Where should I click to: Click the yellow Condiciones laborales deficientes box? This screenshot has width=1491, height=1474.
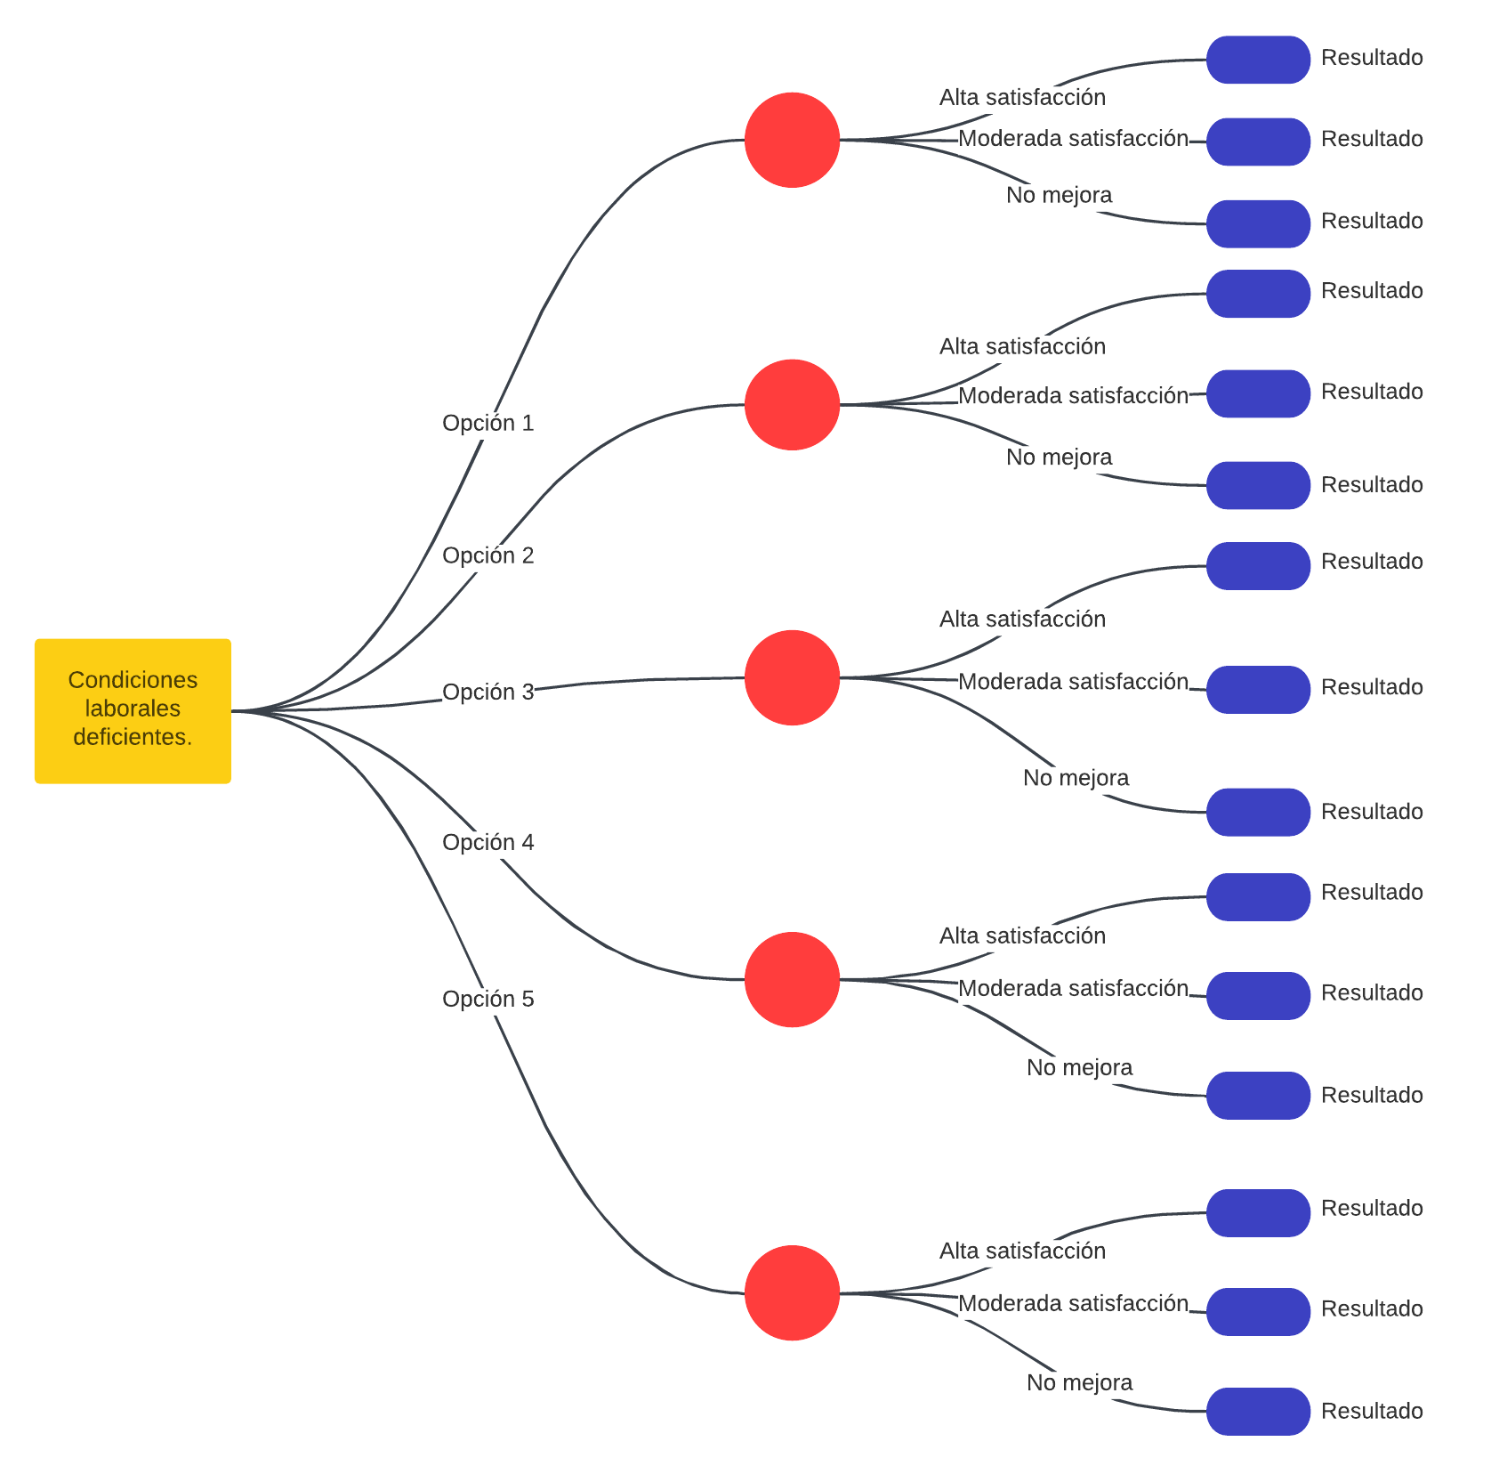pyautogui.click(x=133, y=710)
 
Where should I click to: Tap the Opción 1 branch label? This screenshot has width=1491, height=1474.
pyautogui.click(x=488, y=423)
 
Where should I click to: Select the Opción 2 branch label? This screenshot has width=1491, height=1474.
pyautogui.click(x=488, y=555)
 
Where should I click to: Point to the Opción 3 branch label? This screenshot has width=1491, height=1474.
pyautogui.click(x=488, y=692)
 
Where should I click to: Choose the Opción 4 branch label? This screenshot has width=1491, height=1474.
pyautogui.click(x=488, y=842)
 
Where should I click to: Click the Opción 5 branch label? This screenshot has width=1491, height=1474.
pyautogui.click(x=488, y=999)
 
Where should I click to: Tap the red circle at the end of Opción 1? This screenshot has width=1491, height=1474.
pyautogui.click(x=792, y=140)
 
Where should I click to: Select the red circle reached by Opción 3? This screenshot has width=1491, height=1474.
pyautogui.click(x=792, y=677)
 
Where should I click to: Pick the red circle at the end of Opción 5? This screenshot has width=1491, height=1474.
pyautogui.click(x=792, y=1292)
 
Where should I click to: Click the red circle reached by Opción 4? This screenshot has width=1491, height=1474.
pyautogui.click(x=792, y=979)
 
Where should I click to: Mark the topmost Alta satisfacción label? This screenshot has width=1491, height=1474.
pyautogui.click(x=1022, y=97)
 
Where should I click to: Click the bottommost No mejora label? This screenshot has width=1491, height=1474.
pyautogui.click(x=1079, y=1382)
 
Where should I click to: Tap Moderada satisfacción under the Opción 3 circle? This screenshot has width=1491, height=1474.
pyautogui.click(x=1073, y=681)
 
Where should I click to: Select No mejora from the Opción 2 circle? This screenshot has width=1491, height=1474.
pyautogui.click(x=1059, y=457)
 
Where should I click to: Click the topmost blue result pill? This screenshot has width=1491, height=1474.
pyautogui.click(x=1258, y=60)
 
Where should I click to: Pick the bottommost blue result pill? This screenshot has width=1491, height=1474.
pyautogui.click(x=1258, y=1411)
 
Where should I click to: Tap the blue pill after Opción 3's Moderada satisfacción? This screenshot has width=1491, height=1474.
pyautogui.click(x=1258, y=689)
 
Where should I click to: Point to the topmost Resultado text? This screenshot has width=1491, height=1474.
pyautogui.click(x=1372, y=57)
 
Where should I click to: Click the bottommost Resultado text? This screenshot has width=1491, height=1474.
pyautogui.click(x=1372, y=1411)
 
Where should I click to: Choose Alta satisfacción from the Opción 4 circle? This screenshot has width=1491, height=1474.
pyautogui.click(x=1022, y=935)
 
